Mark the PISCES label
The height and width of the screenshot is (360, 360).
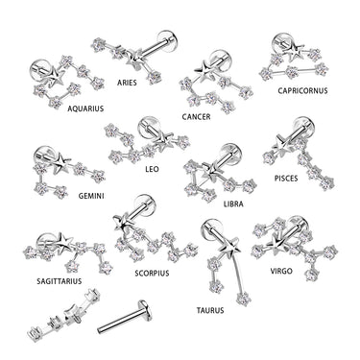285,178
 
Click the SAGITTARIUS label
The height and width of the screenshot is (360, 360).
54,281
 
